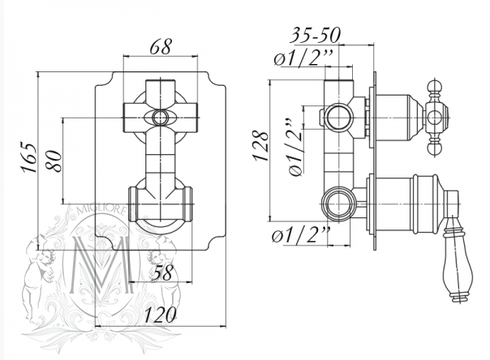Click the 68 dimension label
pos(161,47)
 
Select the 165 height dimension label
pos(28,157)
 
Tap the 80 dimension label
pos(54,161)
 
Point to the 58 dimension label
pos(162,272)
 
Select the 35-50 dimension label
pos(315,35)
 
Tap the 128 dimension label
pos(261,145)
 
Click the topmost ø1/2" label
pos(303,58)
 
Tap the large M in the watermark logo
pos(101,265)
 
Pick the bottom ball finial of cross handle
pos(436,149)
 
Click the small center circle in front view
pos(161,118)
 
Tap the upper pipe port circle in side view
pos(339,118)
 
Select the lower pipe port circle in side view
pos(339,204)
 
